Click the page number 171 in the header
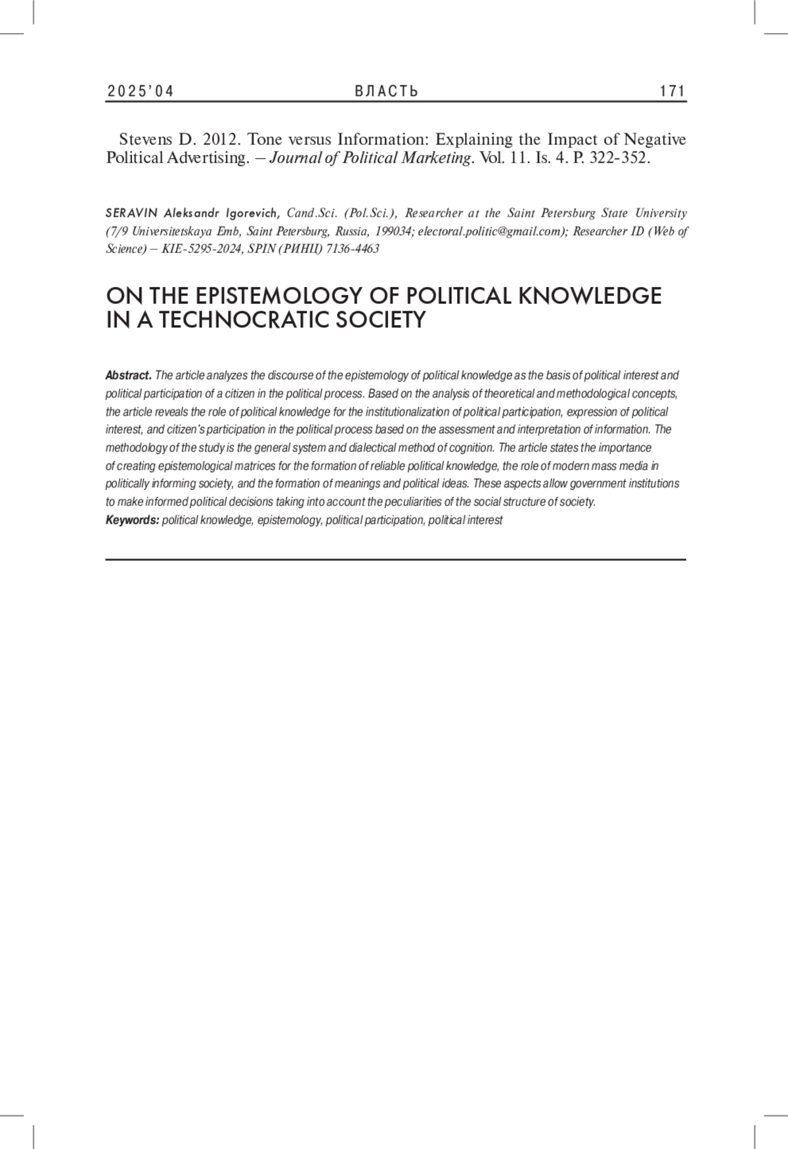(672, 91)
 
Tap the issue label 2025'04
(140, 91)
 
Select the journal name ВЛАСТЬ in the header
(386, 91)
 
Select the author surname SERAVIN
(132, 213)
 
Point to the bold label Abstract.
(128, 376)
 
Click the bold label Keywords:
(132, 520)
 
